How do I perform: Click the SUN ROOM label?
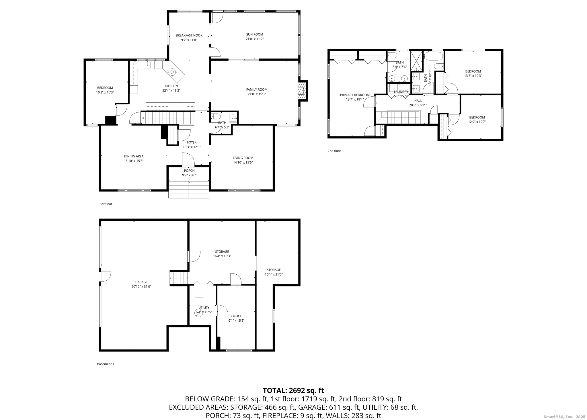(x=254, y=34)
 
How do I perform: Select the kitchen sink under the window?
(x=147, y=65)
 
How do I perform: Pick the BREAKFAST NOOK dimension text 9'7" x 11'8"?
(x=189, y=40)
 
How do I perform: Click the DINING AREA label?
(x=134, y=156)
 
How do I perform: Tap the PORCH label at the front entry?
(x=189, y=171)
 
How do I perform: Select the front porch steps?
(x=189, y=189)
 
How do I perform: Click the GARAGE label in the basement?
(x=141, y=282)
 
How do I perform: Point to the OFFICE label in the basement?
(x=236, y=316)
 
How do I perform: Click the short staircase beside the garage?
(x=179, y=278)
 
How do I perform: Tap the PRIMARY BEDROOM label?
(x=355, y=95)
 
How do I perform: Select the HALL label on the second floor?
(x=418, y=101)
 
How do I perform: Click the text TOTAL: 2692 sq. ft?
(x=293, y=390)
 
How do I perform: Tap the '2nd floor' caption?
(x=334, y=151)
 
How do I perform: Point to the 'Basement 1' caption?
(x=106, y=364)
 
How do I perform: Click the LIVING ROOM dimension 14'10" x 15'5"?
(x=243, y=163)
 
